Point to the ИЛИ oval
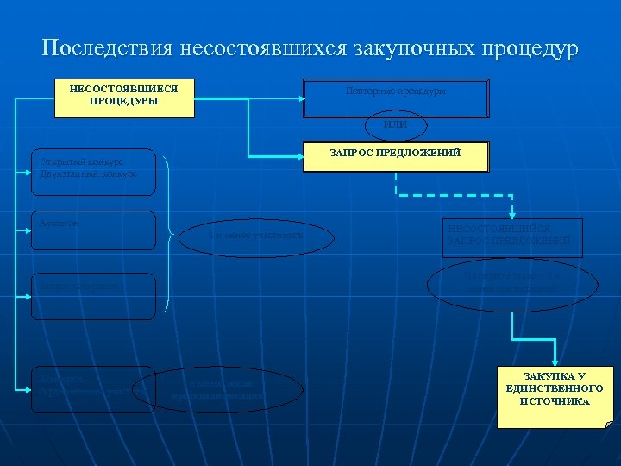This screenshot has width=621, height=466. coord(395,126)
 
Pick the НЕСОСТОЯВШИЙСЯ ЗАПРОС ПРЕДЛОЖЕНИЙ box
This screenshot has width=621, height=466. coord(512,238)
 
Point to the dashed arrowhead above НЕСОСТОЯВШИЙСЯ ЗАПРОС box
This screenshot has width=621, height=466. coord(512,214)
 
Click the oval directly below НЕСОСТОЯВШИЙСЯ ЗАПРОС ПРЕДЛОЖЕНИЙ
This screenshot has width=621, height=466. coord(512,284)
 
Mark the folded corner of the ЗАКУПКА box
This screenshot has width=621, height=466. coord(609,424)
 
